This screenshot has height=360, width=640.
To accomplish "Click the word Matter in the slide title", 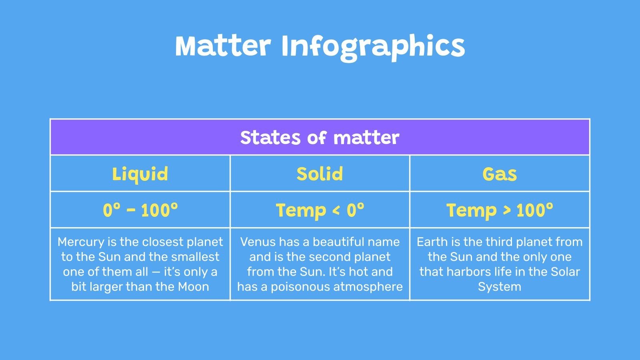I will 223,46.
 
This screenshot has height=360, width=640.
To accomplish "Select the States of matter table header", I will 320,138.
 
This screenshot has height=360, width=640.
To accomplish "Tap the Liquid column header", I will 140,174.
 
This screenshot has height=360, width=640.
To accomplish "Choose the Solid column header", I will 320,174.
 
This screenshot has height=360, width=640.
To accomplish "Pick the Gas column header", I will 500,174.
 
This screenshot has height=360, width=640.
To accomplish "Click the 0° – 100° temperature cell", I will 140,210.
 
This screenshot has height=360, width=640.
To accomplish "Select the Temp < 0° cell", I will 320,210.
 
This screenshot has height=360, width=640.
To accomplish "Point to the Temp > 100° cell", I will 500,210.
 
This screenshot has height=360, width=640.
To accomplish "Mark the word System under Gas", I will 500,287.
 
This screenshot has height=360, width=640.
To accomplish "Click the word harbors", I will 469,272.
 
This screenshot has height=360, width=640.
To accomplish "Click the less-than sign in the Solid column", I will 336,210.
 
